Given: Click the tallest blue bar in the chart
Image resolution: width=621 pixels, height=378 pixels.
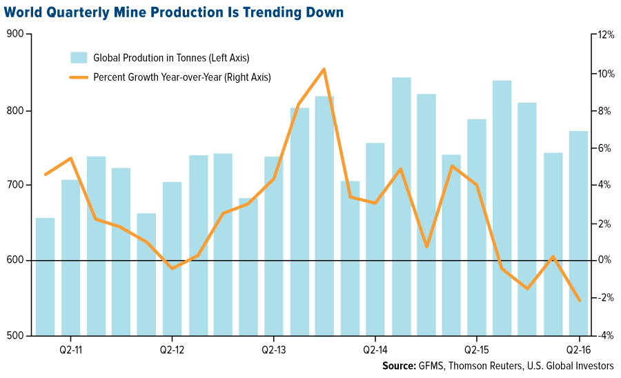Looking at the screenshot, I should (x=402, y=207).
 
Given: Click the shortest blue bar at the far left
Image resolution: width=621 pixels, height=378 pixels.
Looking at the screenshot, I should (x=46, y=276).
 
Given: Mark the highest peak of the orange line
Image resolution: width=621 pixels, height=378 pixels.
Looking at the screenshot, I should (x=324, y=69).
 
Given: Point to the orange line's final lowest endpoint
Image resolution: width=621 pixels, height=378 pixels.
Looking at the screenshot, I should (x=579, y=300).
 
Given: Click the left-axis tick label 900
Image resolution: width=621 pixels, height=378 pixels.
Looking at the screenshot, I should (x=15, y=34).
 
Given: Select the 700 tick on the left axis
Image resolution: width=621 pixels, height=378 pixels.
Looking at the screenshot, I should (x=15, y=186).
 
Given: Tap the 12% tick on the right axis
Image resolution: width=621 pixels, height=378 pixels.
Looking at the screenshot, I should (x=605, y=34).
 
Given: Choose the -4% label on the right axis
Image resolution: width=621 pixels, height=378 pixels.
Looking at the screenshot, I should (x=605, y=336).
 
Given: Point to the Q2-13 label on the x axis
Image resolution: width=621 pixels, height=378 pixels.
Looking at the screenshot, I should (x=274, y=349).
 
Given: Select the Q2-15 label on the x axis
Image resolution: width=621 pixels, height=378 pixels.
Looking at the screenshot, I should (x=476, y=349).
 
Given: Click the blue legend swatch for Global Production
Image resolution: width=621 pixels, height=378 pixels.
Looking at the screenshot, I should (x=78, y=57).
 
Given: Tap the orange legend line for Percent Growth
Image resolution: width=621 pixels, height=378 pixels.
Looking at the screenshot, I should (x=78, y=77).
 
